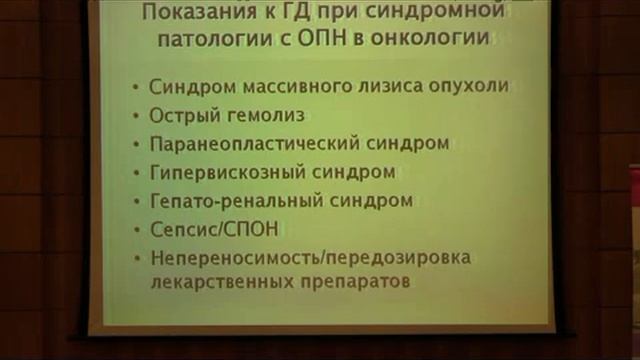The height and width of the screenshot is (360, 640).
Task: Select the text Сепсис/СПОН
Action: click(212, 229)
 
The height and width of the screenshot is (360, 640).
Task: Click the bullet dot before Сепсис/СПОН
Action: click(135, 230)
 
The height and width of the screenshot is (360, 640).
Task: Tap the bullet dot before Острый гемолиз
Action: click(135, 116)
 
